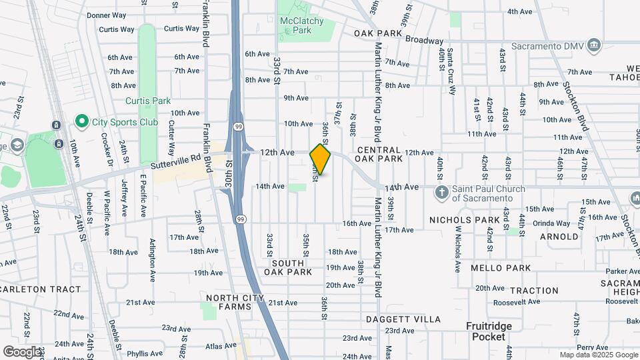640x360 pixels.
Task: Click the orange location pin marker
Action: tap(321, 159)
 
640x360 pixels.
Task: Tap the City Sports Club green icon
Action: tap(82, 122)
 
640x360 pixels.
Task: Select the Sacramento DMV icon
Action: tap(595, 46)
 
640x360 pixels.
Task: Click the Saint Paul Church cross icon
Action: tap(441, 193)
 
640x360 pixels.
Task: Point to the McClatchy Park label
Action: tap(303, 25)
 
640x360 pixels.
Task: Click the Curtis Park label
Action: tap(148, 101)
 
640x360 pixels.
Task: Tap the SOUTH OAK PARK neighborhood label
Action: tap(288, 267)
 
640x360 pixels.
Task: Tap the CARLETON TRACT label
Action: tap(40, 289)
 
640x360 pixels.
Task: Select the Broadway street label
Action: tap(425, 40)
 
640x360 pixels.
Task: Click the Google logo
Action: tap(21, 351)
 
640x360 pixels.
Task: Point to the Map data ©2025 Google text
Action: tap(597, 355)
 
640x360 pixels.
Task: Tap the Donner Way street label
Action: tap(106, 15)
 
